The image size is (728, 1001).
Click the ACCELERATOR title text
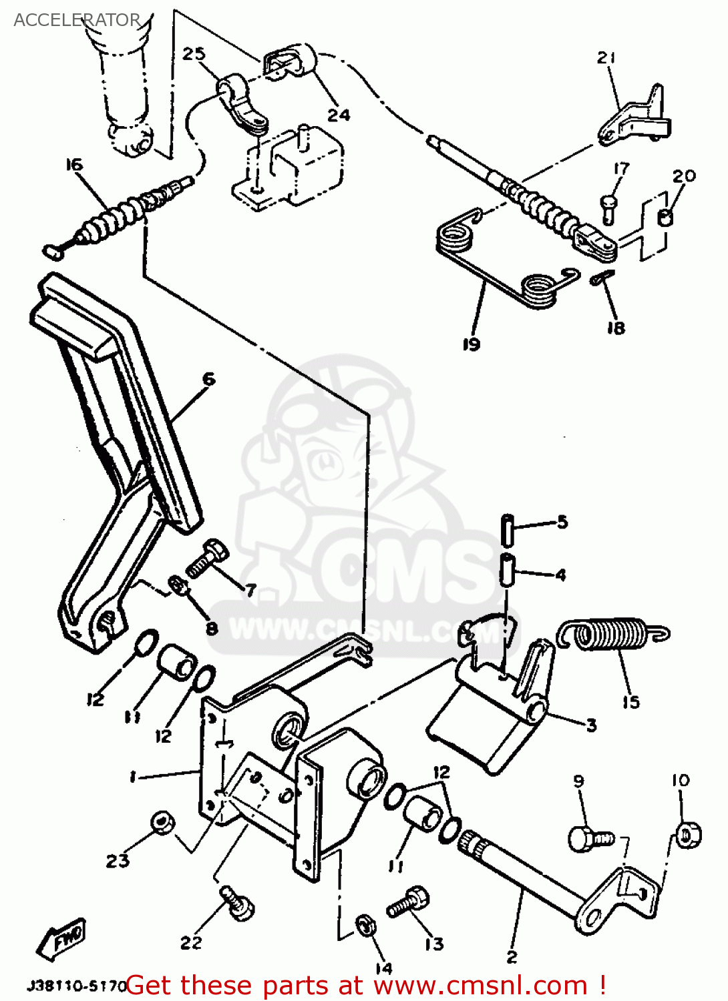[x=77, y=20]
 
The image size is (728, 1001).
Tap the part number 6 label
[x=209, y=379]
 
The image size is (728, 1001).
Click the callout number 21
[x=606, y=58]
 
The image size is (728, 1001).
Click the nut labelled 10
[x=687, y=835]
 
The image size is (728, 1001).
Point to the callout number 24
[x=339, y=115]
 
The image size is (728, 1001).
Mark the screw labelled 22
[x=238, y=904]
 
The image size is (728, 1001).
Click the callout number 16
[x=74, y=164]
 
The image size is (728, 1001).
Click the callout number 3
[x=591, y=725]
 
